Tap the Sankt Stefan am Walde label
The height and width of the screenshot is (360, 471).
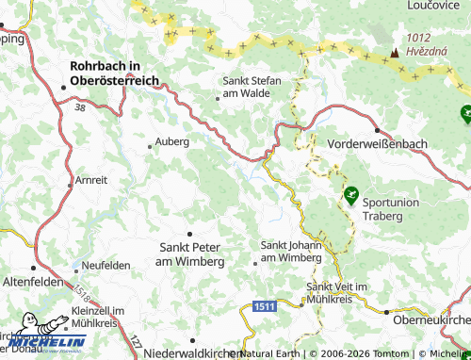pyautogui.click(x=252, y=87)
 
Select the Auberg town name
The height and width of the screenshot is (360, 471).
pyautogui.click(x=171, y=142)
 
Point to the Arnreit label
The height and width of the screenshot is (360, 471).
pyautogui.click(x=91, y=179)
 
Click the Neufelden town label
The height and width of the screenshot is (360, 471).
pyautogui.click(x=106, y=266)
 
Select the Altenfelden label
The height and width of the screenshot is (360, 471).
pyautogui.click(x=32, y=282)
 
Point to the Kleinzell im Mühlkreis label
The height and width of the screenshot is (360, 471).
pyautogui.click(x=97, y=318)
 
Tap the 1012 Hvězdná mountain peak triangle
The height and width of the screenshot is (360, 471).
pyautogui.click(x=396, y=52)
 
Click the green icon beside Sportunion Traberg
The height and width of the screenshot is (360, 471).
pyautogui.click(x=350, y=195)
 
